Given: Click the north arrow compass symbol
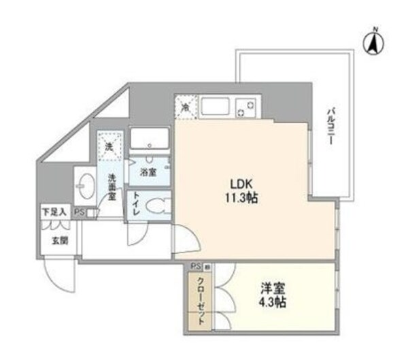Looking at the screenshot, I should pos(374,42).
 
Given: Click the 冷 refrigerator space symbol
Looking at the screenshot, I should pos(185,106).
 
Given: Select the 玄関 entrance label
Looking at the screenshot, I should pos(59,240).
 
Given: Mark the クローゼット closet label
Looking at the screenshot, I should pos(201,299).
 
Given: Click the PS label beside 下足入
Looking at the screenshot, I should pos(80,212).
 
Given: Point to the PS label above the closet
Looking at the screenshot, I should pos(194,266).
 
